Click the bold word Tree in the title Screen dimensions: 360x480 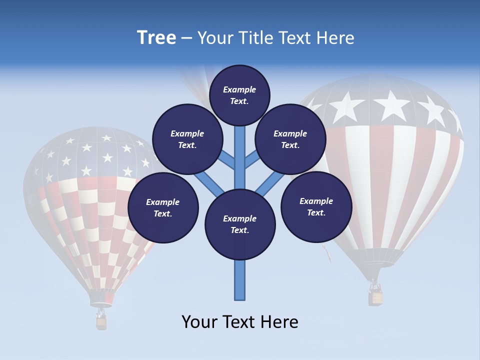click(156, 38)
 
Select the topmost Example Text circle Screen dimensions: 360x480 click(239, 95)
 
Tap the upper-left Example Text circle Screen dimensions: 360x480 click(187, 139)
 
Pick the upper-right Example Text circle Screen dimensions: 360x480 click(290, 139)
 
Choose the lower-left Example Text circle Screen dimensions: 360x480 click(163, 208)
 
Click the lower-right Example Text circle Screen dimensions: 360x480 click(316, 207)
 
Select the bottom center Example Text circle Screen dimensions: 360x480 click(240, 224)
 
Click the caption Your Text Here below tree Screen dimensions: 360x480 click(240, 322)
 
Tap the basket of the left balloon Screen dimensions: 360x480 click(101, 323)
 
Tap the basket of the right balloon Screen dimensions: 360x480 click(376, 298)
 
